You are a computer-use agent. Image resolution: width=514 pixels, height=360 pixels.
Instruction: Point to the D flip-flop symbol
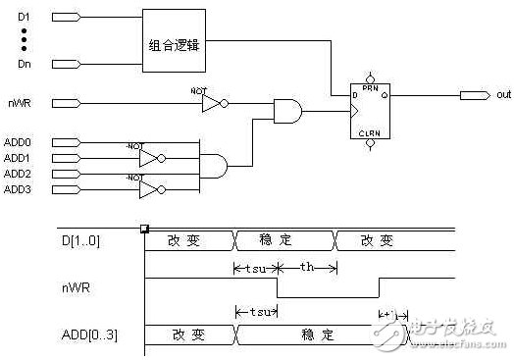pos(369,110)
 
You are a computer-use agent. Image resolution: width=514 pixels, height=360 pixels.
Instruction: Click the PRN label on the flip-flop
pos(369,87)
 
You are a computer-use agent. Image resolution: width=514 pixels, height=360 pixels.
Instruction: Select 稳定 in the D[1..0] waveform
pos(283,239)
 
